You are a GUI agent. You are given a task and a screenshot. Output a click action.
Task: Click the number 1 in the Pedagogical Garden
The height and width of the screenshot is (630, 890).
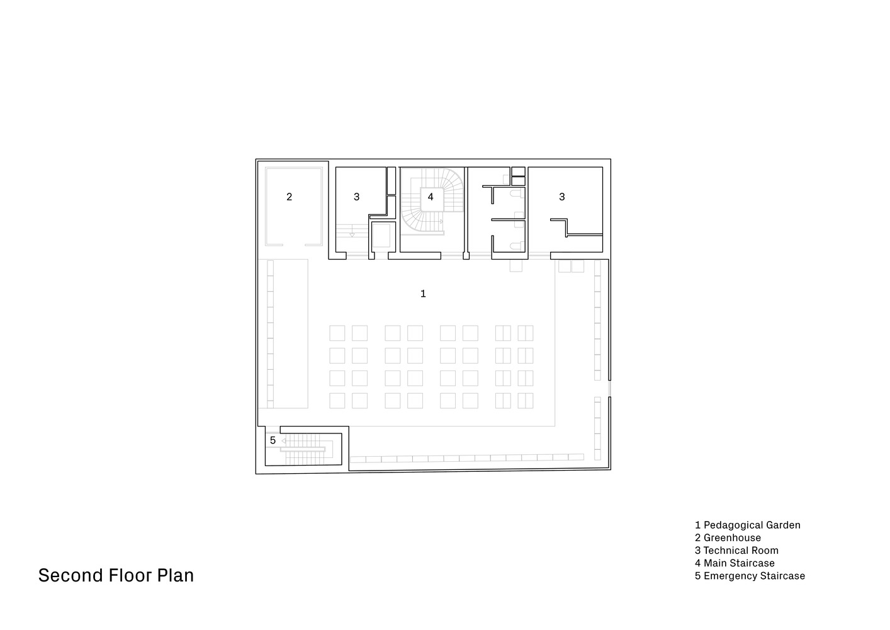point(423,294)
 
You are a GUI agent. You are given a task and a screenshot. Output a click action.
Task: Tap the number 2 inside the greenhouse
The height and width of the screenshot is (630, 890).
point(290,197)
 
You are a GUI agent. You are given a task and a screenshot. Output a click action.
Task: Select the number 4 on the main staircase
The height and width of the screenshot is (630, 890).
point(431,197)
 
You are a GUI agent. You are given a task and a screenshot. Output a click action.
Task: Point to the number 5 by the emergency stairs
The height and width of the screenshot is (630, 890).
point(273,440)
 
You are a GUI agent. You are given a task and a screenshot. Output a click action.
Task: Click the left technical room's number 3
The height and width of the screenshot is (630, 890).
point(356,197)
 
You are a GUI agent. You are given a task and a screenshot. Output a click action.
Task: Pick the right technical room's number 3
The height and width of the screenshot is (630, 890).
point(562,197)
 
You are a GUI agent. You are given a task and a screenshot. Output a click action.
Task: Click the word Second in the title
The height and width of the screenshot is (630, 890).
point(70,576)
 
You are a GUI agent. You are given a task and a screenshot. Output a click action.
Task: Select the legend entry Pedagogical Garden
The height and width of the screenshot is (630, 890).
point(752,525)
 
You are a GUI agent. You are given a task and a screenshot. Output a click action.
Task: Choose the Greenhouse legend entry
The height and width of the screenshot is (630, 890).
point(732,538)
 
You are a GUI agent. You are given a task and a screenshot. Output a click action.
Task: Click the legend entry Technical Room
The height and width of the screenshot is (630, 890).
point(741,551)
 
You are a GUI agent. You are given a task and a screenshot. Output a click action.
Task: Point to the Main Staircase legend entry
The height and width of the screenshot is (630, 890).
point(739,563)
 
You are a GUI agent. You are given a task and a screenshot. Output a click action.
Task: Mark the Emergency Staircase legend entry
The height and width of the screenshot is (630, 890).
point(754,576)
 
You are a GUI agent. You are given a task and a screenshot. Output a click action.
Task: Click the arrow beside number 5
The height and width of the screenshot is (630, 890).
point(284,440)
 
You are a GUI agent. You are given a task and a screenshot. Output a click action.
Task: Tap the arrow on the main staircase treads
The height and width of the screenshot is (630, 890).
point(441,221)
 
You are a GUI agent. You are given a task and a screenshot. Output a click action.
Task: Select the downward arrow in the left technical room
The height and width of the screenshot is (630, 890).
point(352,235)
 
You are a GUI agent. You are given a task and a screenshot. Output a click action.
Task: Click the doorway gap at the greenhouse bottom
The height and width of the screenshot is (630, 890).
point(294,244)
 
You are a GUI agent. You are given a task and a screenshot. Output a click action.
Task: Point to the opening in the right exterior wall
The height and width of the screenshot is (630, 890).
point(609,389)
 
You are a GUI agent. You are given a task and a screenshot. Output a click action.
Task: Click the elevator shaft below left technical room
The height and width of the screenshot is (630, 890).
point(381,236)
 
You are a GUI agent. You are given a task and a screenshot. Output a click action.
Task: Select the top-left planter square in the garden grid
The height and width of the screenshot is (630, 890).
point(337,333)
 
